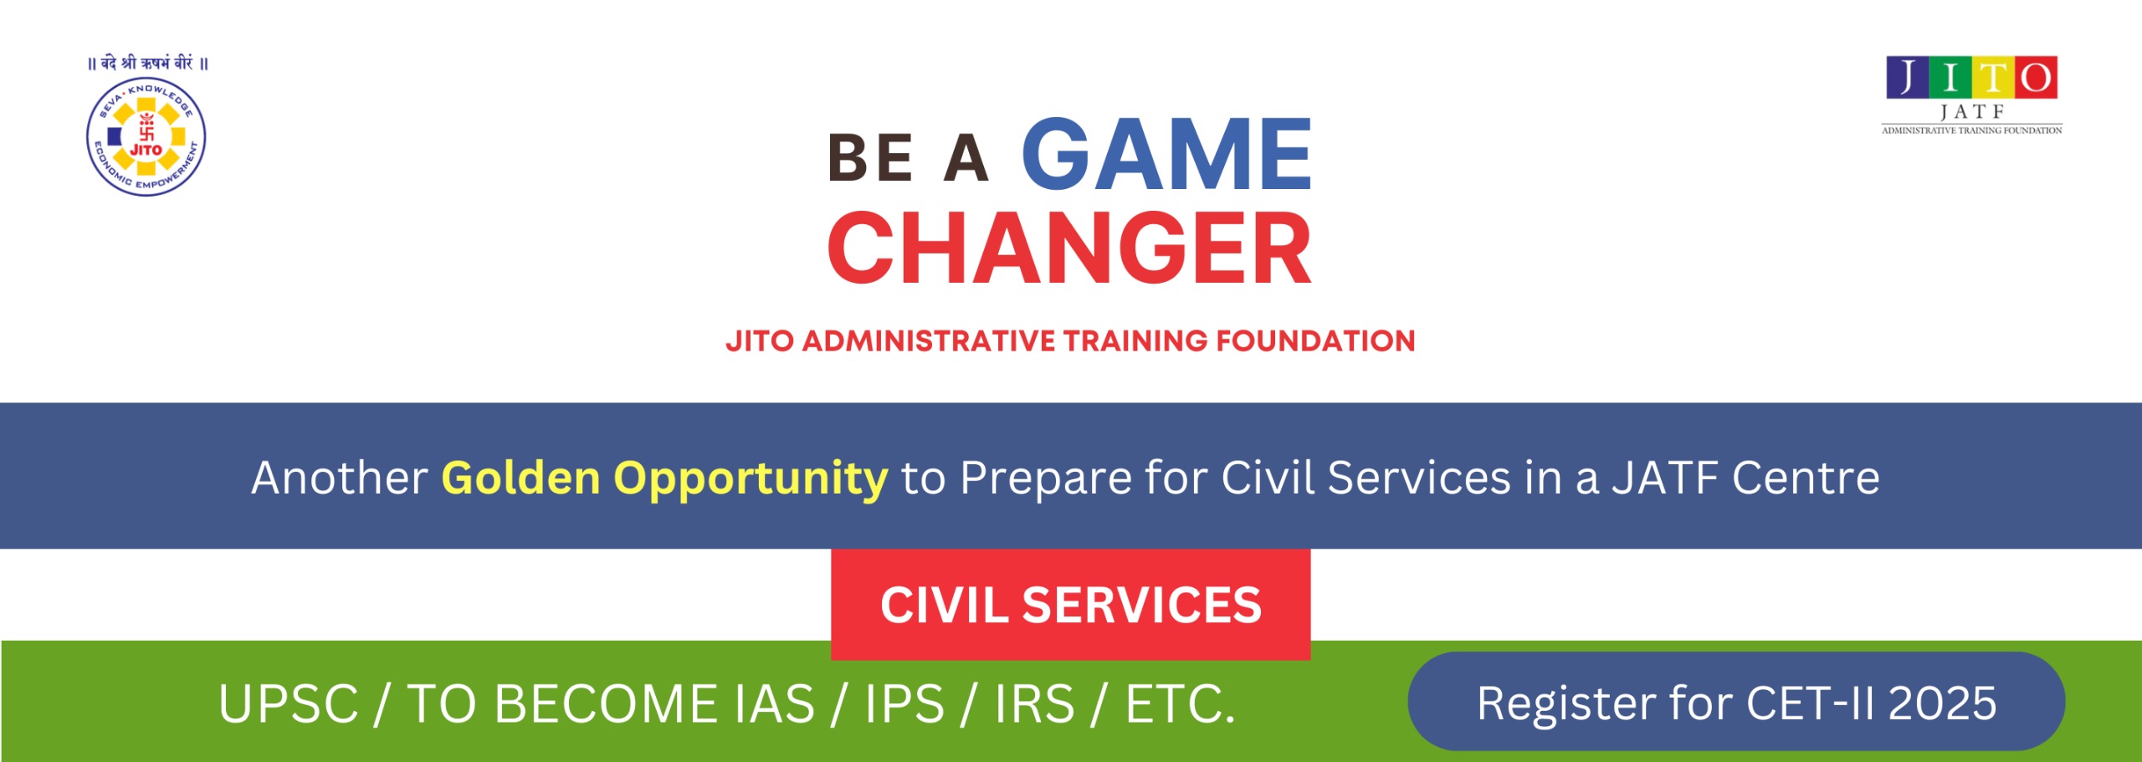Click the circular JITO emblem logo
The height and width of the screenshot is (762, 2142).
pyautogui.click(x=146, y=137)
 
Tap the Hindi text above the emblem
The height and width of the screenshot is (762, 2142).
pyautogui.click(x=148, y=63)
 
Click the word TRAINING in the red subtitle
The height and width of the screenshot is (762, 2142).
pyautogui.click(x=1135, y=340)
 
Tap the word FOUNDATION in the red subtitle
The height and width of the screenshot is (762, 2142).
pyautogui.click(x=1315, y=340)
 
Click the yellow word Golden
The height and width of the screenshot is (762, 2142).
pyautogui.click(x=521, y=478)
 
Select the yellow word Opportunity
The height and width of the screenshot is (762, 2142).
pyautogui.click(x=751, y=479)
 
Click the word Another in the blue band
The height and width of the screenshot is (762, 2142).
pyautogui.click(x=340, y=478)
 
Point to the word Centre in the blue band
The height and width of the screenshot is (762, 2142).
pyautogui.click(x=1806, y=478)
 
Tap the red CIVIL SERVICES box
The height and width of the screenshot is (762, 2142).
pyautogui.click(x=1071, y=604)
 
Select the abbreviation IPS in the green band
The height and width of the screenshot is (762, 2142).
pyautogui.click(x=904, y=703)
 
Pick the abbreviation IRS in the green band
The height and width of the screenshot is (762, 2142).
pyautogui.click(x=1034, y=703)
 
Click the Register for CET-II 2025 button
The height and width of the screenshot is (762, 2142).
pyautogui.click(x=1736, y=701)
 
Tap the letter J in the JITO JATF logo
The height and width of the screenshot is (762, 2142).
pyautogui.click(x=1907, y=77)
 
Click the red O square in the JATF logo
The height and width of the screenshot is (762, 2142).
pyautogui.click(x=2037, y=77)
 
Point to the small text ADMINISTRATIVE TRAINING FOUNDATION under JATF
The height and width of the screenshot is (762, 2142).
pyautogui.click(x=1972, y=130)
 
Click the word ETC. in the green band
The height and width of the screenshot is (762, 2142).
pyautogui.click(x=1180, y=703)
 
